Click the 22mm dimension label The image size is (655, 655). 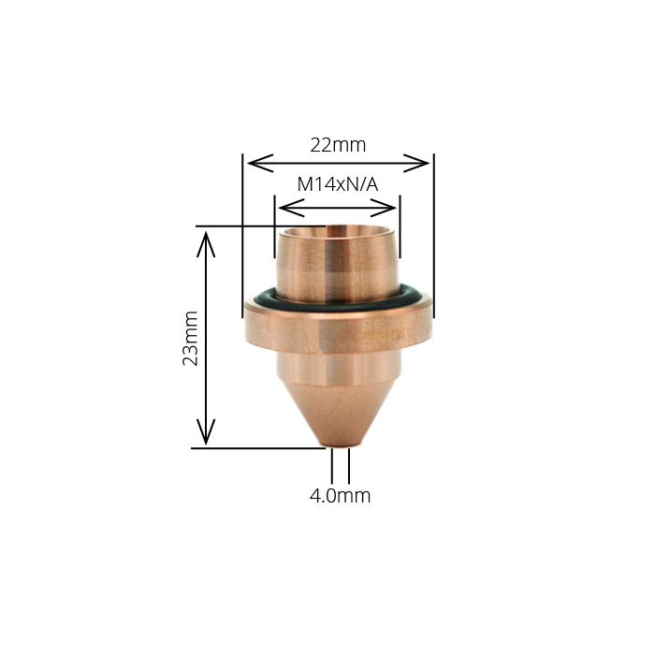(338, 145)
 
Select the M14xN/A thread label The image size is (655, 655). (337, 184)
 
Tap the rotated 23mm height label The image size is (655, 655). (191, 338)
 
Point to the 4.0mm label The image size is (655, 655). (340, 496)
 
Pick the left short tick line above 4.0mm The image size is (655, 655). (332, 466)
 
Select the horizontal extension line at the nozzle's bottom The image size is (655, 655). (253, 448)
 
